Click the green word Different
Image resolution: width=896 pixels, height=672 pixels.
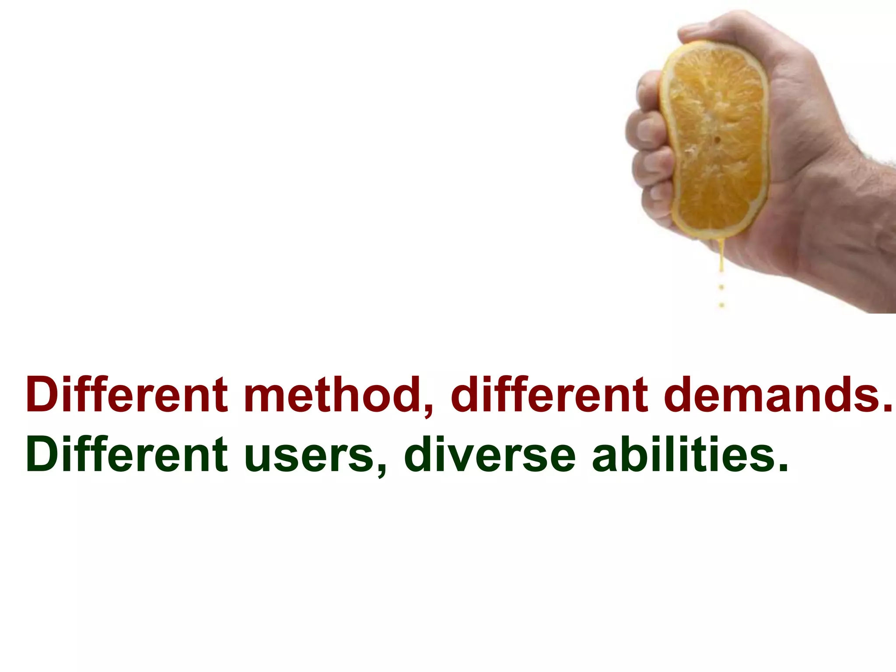[x=127, y=455]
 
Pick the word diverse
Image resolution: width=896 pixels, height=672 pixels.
[x=490, y=455]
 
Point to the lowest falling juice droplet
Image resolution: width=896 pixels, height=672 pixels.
[x=721, y=305]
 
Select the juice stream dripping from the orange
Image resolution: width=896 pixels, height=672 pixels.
[x=721, y=258]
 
